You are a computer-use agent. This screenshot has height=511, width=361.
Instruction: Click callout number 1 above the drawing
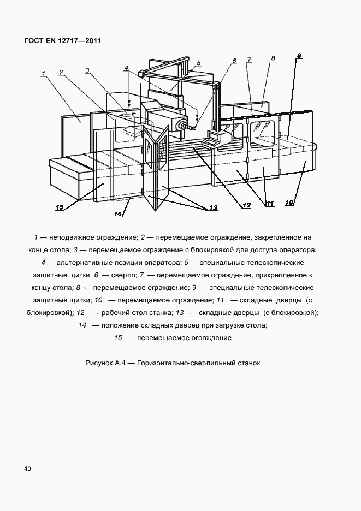pyautogui.click(x=43, y=72)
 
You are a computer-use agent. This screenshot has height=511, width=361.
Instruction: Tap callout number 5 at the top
pyautogui.click(x=199, y=62)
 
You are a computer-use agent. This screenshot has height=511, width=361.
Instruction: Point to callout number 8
pyautogui.click(x=273, y=58)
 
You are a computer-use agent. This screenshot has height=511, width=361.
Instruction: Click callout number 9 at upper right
pyautogui.click(x=299, y=56)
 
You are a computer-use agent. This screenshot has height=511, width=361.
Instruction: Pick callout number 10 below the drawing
pyautogui.click(x=289, y=203)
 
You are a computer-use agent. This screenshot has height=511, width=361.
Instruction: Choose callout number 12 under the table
pyautogui.click(x=247, y=206)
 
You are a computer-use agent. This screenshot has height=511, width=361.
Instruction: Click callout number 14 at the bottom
pyautogui.click(x=118, y=214)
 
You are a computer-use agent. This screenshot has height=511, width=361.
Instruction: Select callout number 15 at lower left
pyautogui.click(x=60, y=207)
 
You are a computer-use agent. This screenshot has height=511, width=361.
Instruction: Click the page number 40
pyautogui.click(x=27, y=468)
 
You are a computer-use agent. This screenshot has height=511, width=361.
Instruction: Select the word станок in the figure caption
pyautogui.click(x=246, y=362)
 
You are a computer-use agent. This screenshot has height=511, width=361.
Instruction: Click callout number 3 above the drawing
pyautogui.click(x=87, y=70)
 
